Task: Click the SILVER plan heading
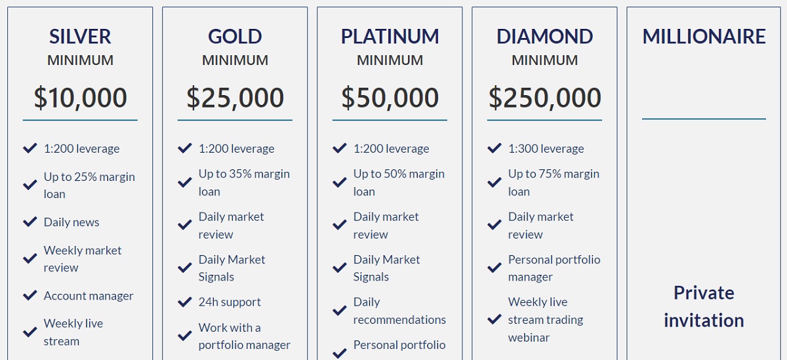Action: click(80, 37)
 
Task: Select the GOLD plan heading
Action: click(235, 37)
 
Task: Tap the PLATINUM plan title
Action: click(390, 37)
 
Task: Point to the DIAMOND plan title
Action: click(544, 37)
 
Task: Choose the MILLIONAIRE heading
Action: click(704, 37)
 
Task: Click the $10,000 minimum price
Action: click(80, 98)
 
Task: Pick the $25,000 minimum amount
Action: click(235, 98)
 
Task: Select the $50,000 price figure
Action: click(390, 98)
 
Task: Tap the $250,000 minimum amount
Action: click(544, 98)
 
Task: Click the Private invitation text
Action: click(704, 307)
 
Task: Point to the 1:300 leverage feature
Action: click(546, 149)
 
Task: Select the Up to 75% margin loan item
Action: click(554, 183)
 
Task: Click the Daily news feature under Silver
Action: click(71, 222)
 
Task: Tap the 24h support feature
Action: click(230, 302)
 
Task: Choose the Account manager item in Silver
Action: click(89, 296)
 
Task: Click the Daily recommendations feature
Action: click(399, 311)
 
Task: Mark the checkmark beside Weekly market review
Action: click(30, 258)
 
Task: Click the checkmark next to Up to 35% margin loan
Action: click(185, 182)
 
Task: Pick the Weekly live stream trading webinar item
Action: click(546, 319)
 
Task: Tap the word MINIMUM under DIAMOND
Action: click(544, 60)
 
